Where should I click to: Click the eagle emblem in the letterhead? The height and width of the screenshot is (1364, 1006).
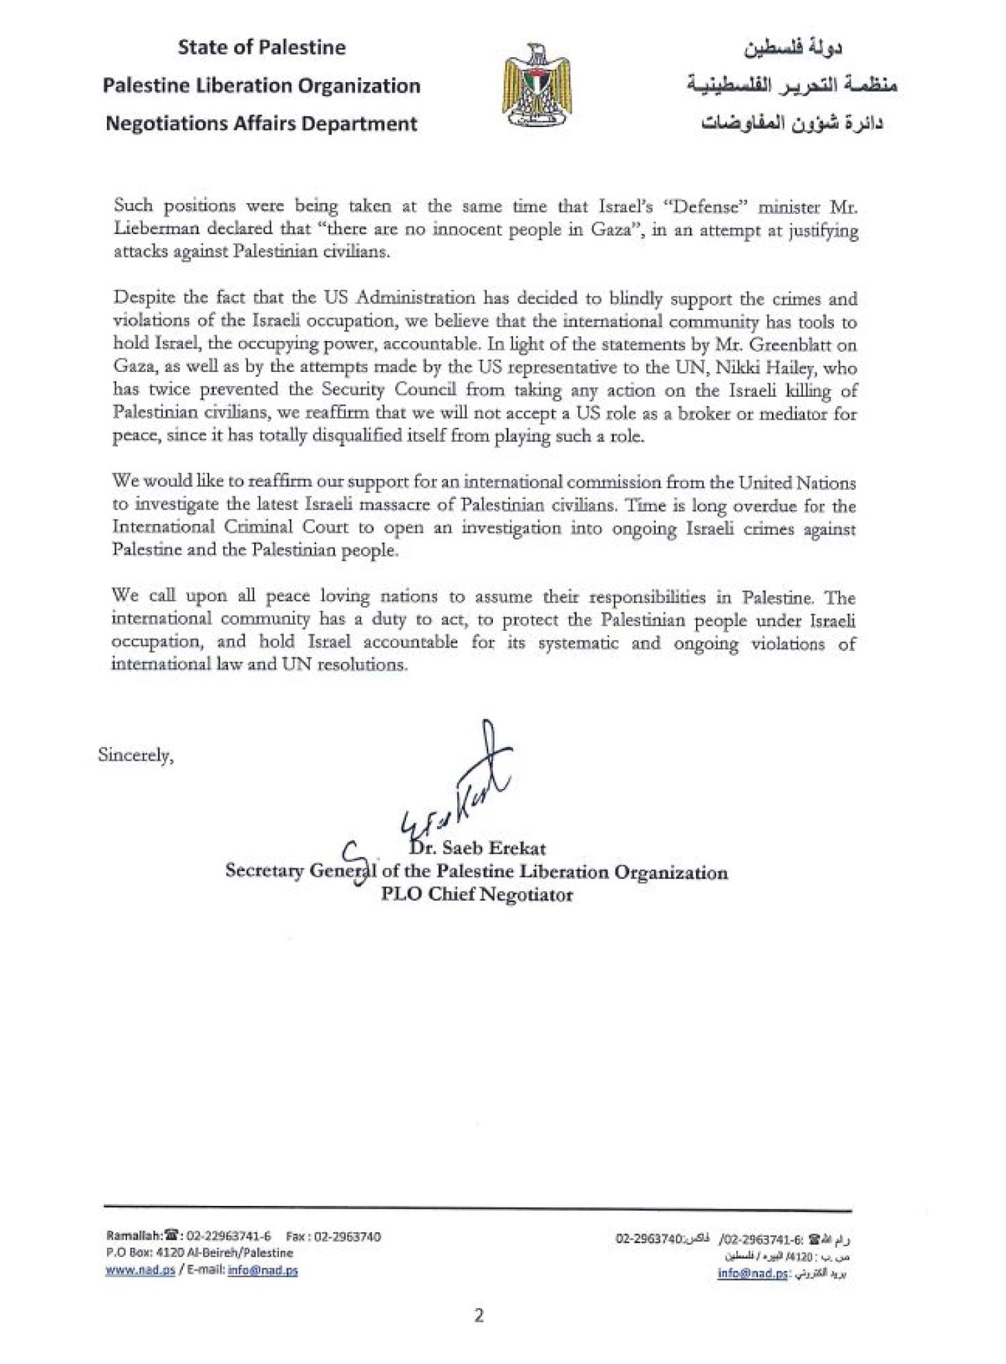pyautogui.click(x=536, y=85)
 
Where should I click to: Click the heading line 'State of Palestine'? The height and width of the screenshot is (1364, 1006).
pyautogui.click(x=262, y=48)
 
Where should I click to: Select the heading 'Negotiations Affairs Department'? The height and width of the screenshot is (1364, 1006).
pyautogui.click(x=262, y=124)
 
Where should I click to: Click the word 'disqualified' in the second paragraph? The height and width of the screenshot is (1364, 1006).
pyautogui.click(x=336, y=437)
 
